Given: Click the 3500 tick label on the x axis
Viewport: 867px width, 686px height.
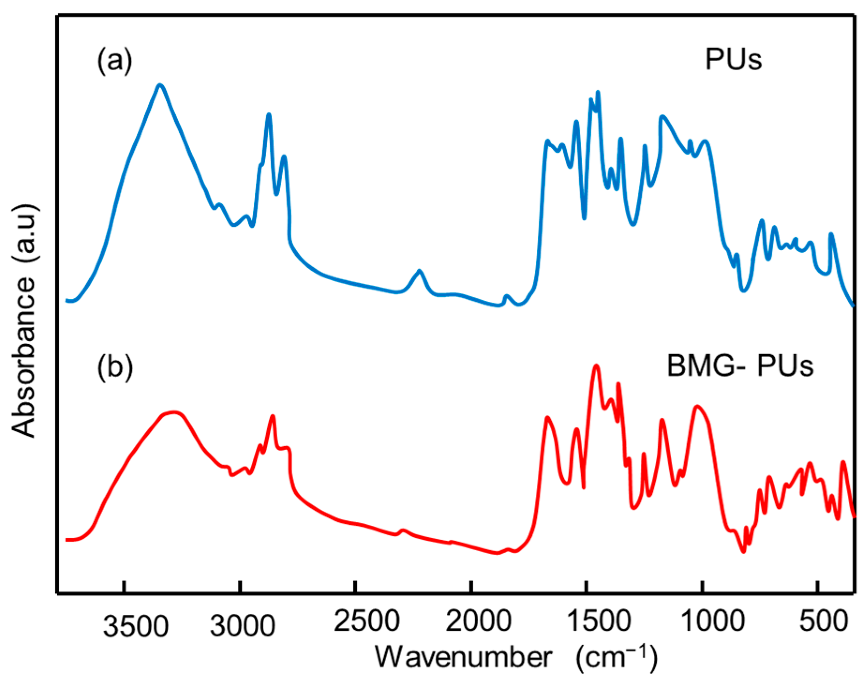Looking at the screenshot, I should [136, 627].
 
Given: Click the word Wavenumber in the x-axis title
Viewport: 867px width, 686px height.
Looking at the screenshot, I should [464, 658].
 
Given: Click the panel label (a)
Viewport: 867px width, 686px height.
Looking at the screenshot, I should [115, 61].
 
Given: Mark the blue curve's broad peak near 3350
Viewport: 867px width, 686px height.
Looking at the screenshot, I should [160, 85].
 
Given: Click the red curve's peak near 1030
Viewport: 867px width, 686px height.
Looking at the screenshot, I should [697, 406].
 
